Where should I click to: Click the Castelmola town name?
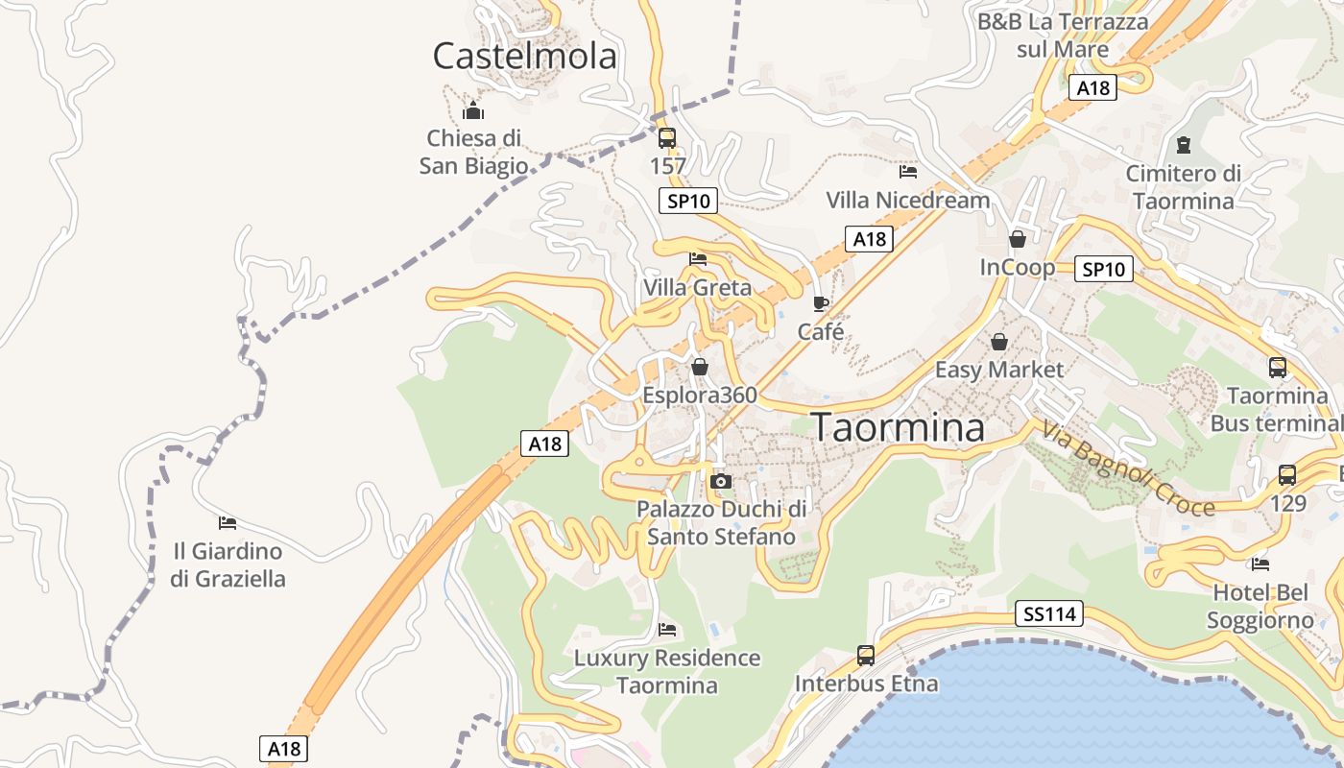pyautogui.click(x=524, y=57)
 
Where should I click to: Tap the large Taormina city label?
pyautogui.click(x=899, y=428)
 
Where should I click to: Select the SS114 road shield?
pyautogui.click(x=1049, y=613)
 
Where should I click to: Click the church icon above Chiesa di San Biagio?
pyautogui.click(x=472, y=109)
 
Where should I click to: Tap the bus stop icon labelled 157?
pyautogui.click(x=667, y=138)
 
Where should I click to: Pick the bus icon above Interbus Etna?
pyautogui.click(x=866, y=656)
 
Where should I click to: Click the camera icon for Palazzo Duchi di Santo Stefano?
pyautogui.click(x=721, y=481)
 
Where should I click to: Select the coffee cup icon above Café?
pyautogui.click(x=821, y=303)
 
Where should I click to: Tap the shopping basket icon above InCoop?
pyautogui.click(x=1018, y=238)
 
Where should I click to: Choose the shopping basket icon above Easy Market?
pyautogui.click(x=999, y=342)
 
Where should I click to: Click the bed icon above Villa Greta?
pyautogui.click(x=698, y=259)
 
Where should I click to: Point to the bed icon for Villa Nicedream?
pyautogui.click(x=908, y=172)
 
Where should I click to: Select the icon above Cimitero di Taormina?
pyautogui.click(x=1184, y=145)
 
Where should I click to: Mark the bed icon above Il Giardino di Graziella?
pyautogui.click(x=228, y=523)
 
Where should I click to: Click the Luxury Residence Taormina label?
pyautogui.click(x=667, y=672)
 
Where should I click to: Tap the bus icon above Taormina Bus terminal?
pyautogui.click(x=1278, y=367)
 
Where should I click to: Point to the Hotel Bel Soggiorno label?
pyautogui.click(x=1260, y=607)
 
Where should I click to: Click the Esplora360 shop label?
pyautogui.click(x=700, y=395)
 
